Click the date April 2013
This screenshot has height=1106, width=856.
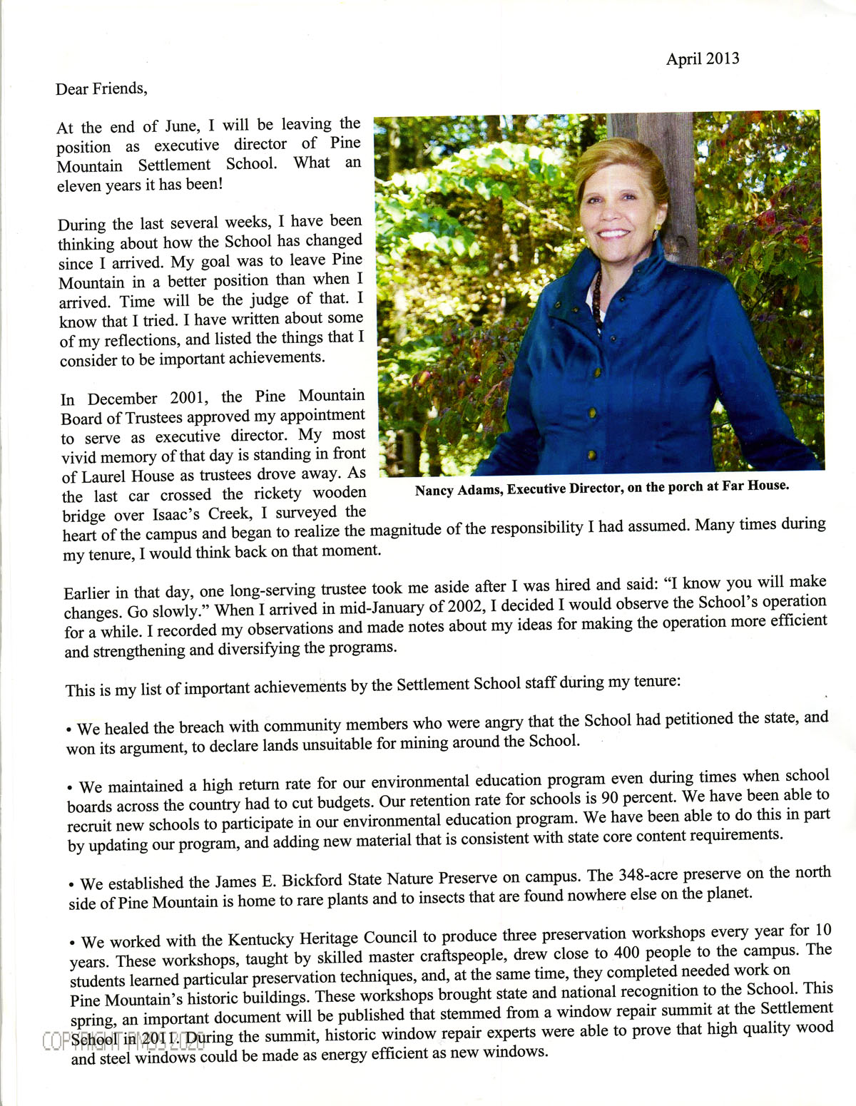tap(702, 58)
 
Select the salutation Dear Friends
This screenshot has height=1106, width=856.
tap(101, 89)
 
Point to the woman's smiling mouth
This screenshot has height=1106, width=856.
tap(614, 233)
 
